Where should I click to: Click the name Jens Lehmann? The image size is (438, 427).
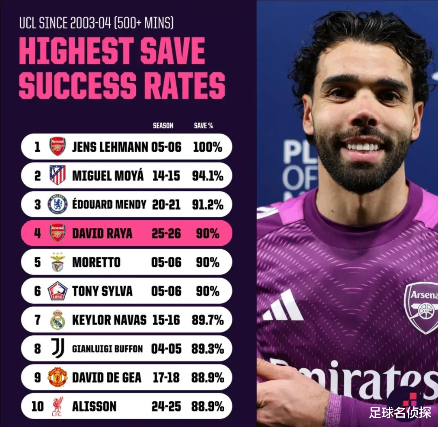[x=110, y=147]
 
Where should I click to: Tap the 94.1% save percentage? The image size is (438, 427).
[x=208, y=176]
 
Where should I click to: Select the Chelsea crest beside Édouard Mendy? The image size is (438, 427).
[x=57, y=204]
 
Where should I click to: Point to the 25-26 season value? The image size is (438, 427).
[x=166, y=234]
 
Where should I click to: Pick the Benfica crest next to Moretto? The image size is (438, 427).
[x=57, y=262]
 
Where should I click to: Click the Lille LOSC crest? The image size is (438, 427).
[x=57, y=291]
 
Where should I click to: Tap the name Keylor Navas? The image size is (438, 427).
[x=109, y=320]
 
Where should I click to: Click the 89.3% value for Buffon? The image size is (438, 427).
[x=208, y=348]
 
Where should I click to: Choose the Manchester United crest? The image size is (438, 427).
[x=57, y=378]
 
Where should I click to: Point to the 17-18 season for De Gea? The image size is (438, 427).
[x=166, y=378]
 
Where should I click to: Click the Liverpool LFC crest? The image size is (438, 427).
[x=57, y=406]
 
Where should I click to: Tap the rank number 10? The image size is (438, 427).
[x=37, y=406]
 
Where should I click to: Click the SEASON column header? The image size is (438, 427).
[x=163, y=126]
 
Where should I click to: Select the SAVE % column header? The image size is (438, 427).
[x=204, y=126]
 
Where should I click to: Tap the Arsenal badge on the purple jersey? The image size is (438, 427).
[x=422, y=307]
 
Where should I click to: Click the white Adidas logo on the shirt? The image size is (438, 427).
[x=283, y=306]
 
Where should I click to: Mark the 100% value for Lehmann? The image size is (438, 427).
[x=208, y=147]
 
